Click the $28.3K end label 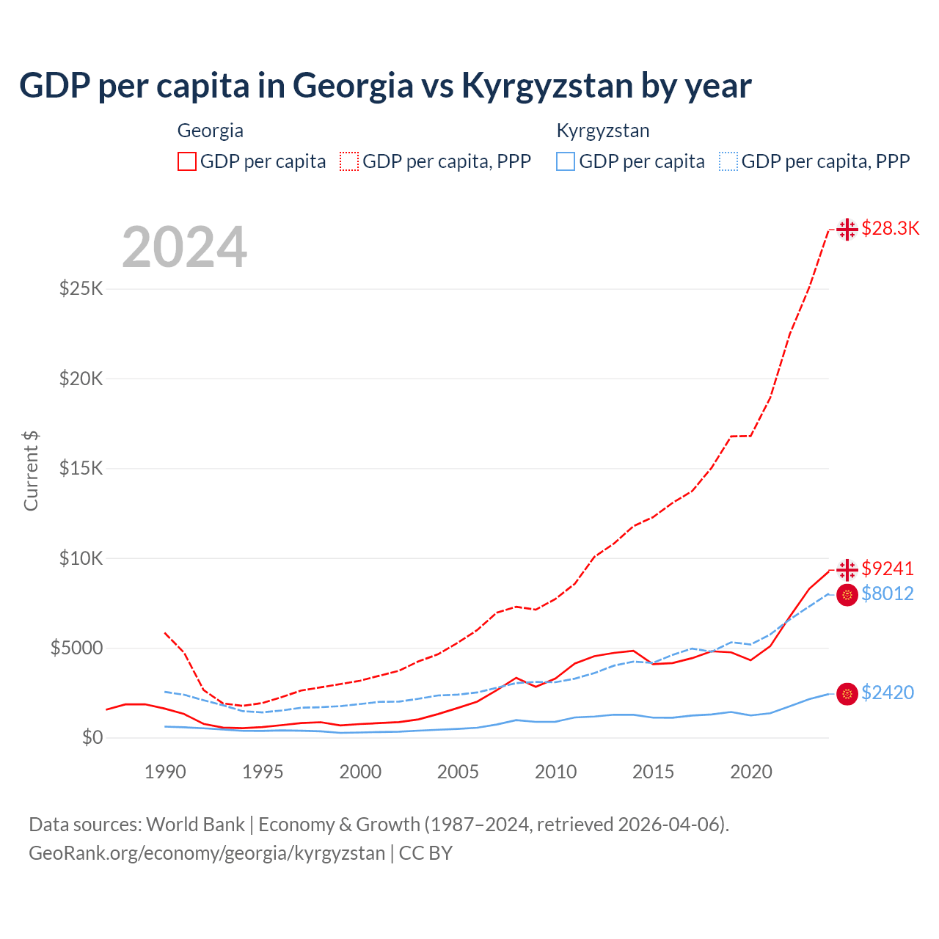[890, 228]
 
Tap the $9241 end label [888, 569]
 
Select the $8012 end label [888, 593]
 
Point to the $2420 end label [888, 693]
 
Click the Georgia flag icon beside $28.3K [847, 229]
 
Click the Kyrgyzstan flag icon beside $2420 [847, 693]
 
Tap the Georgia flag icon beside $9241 [847, 569]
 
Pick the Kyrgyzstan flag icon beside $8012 [847, 594]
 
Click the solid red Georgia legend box [187, 161]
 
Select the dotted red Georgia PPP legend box [349, 161]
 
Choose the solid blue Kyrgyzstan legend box [566, 161]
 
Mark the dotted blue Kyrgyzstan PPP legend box [728, 161]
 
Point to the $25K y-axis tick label [81, 288]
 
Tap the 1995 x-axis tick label [263, 772]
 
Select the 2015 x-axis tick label [653, 772]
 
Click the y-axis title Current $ [31, 470]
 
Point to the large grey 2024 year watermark [184, 247]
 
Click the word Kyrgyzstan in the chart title [547, 86]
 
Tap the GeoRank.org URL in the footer [207, 853]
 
